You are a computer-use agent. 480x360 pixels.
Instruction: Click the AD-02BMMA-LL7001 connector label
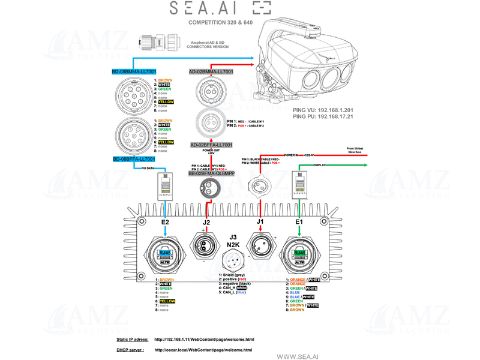coord(211,72)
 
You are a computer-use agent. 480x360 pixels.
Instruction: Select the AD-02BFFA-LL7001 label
coord(211,145)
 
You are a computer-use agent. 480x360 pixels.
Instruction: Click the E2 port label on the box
coord(166,223)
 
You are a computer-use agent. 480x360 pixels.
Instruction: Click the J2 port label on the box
coord(206,223)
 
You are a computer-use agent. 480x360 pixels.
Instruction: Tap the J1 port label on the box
coord(260,223)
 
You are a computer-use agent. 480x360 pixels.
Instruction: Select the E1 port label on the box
coord(299,223)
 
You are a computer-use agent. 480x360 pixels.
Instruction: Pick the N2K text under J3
coord(234,245)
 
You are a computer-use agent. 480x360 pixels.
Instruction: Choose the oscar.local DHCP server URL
coord(203,350)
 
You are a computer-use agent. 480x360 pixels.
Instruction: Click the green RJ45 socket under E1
coord(299,254)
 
